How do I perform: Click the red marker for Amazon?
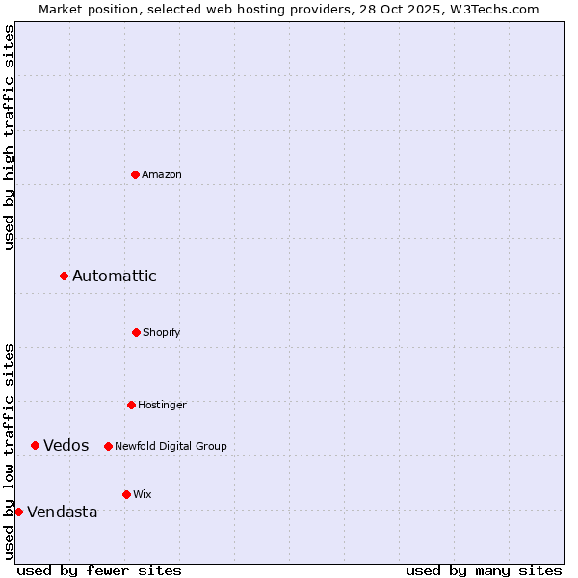(x=136, y=174)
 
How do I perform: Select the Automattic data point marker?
(x=65, y=276)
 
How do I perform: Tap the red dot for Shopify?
(x=136, y=332)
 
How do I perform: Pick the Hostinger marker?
(x=131, y=405)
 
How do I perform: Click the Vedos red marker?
(x=36, y=445)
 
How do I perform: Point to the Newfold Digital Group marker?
(x=108, y=446)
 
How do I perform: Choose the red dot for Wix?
(x=126, y=494)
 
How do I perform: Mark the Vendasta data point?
(x=19, y=512)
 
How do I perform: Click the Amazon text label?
(x=162, y=174)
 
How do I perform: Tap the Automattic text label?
(x=115, y=276)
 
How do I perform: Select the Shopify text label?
(x=162, y=332)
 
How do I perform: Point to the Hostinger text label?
(x=162, y=405)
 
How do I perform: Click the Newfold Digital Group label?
(x=171, y=446)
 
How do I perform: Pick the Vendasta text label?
(x=63, y=512)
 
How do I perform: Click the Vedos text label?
(x=66, y=445)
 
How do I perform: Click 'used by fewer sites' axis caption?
(x=99, y=570)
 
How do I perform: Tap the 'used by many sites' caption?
(x=484, y=570)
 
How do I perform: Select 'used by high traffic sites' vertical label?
(x=9, y=137)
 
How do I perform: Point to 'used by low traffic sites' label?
(x=9, y=451)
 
